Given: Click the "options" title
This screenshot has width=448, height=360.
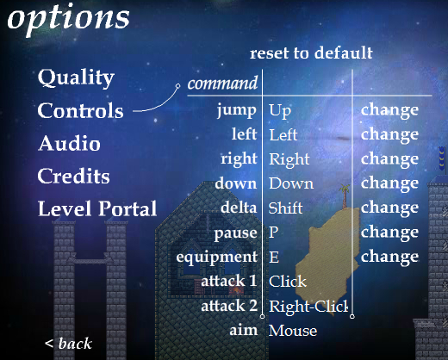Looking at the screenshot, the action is (x=68, y=19).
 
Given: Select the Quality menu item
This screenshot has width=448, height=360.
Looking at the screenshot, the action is (x=76, y=78).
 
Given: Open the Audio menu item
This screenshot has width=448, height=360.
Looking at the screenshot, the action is (x=70, y=143).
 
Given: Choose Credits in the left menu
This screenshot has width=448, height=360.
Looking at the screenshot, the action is (x=73, y=176).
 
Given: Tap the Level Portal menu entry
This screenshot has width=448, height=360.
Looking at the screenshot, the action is (x=97, y=208).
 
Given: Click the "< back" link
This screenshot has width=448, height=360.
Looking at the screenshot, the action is (x=68, y=344).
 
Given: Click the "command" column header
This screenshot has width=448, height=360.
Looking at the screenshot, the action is (x=222, y=84).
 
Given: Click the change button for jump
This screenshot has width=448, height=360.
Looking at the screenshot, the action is (x=389, y=110).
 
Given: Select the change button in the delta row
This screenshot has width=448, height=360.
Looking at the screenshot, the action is (x=389, y=208).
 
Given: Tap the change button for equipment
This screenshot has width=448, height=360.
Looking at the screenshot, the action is (x=389, y=258).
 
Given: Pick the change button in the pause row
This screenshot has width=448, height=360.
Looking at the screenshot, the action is (x=389, y=233).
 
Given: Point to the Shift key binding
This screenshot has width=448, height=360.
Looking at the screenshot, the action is (x=285, y=208).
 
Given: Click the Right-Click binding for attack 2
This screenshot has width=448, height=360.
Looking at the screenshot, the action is (x=308, y=307).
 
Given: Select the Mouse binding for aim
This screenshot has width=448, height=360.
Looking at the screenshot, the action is (x=293, y=331).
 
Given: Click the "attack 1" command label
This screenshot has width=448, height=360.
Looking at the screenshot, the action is (x=229, y=281).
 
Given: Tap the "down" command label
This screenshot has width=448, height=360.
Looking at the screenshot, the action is (x=236, y=183).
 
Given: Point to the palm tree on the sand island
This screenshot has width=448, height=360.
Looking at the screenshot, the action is (x=344, y=196).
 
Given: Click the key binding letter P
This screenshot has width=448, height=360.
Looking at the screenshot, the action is (x=274, y=233).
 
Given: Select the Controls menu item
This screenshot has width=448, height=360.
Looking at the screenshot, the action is (x=81, y=110).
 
